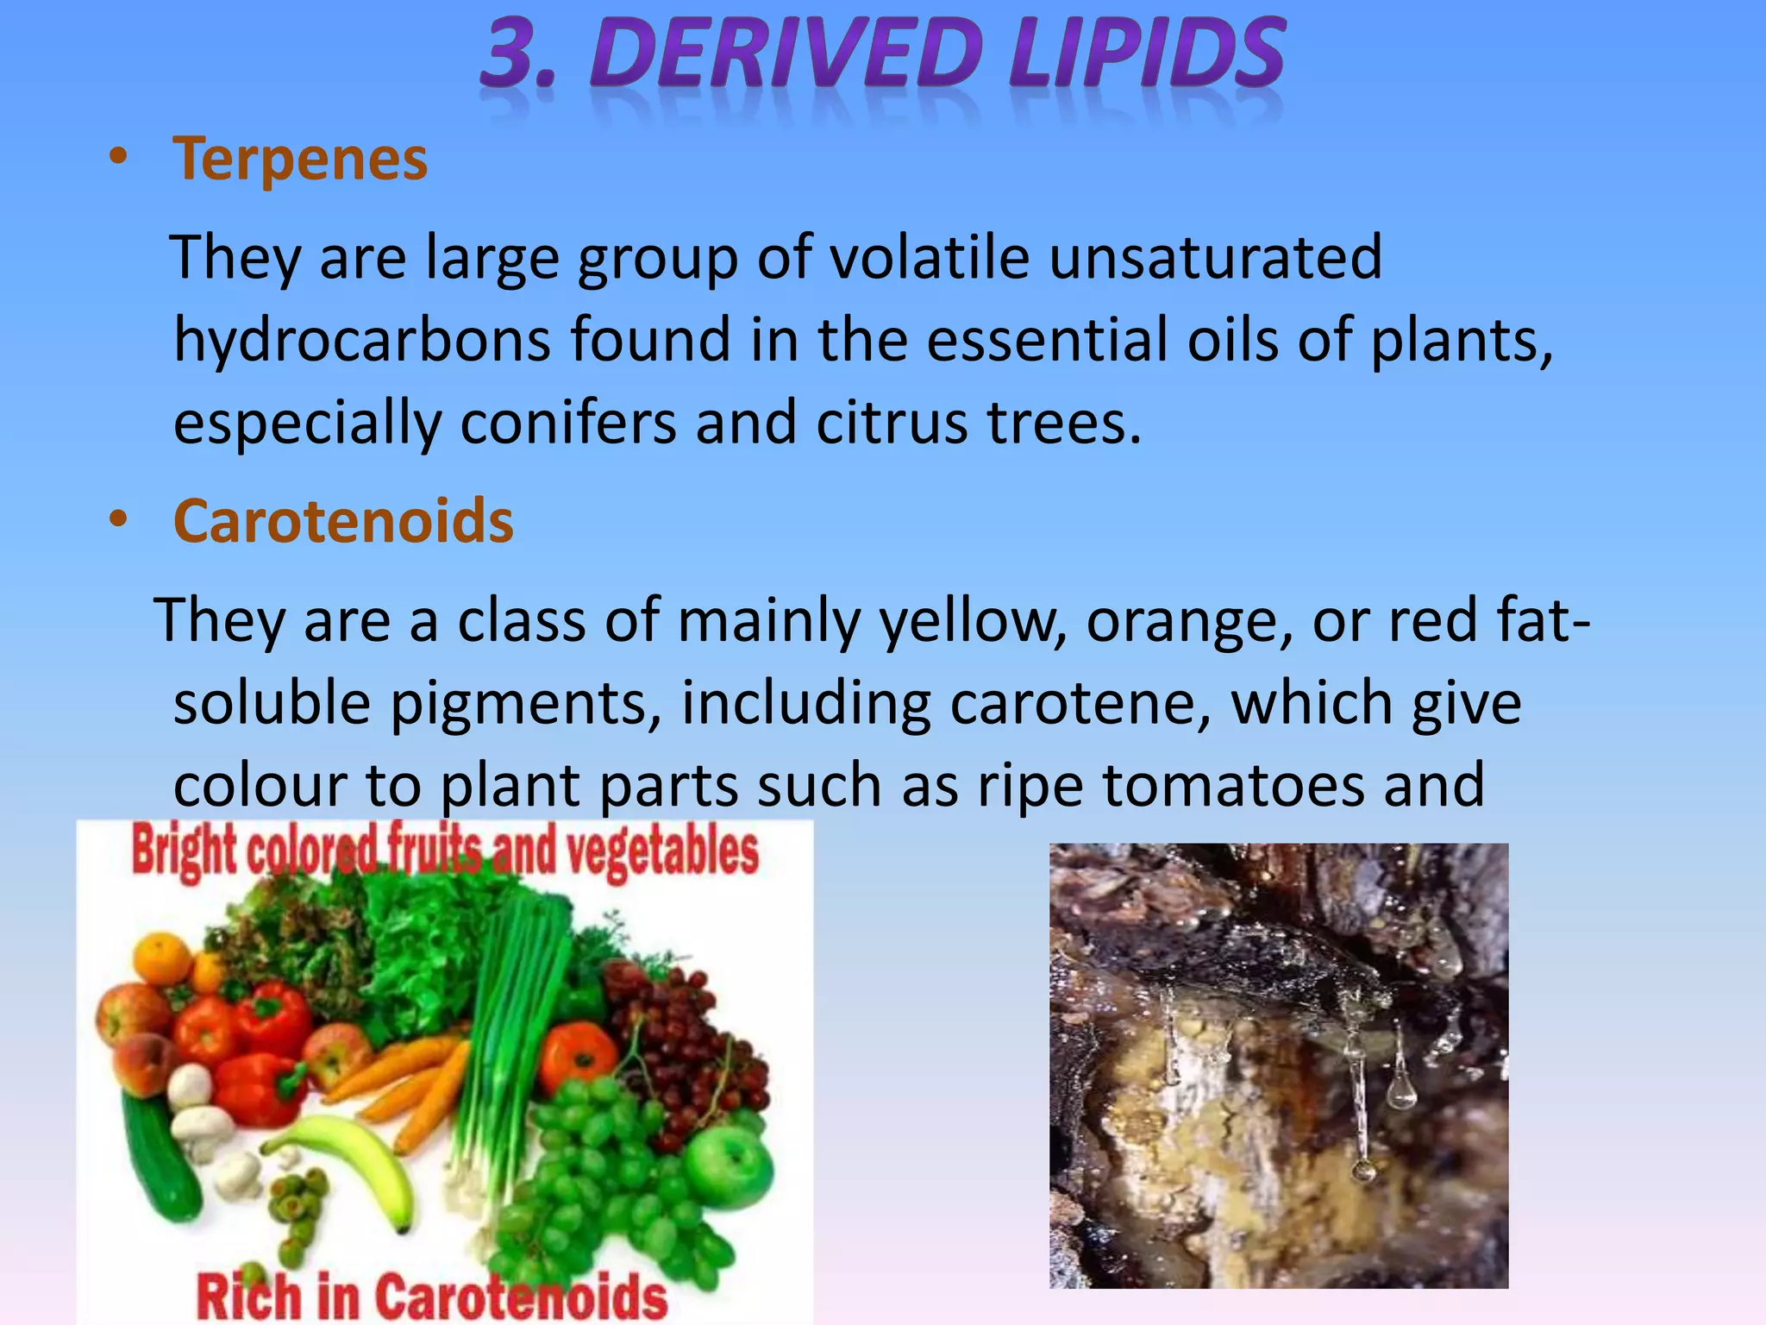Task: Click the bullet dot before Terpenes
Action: point(118,158)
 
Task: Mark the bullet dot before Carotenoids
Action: point(118,520)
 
